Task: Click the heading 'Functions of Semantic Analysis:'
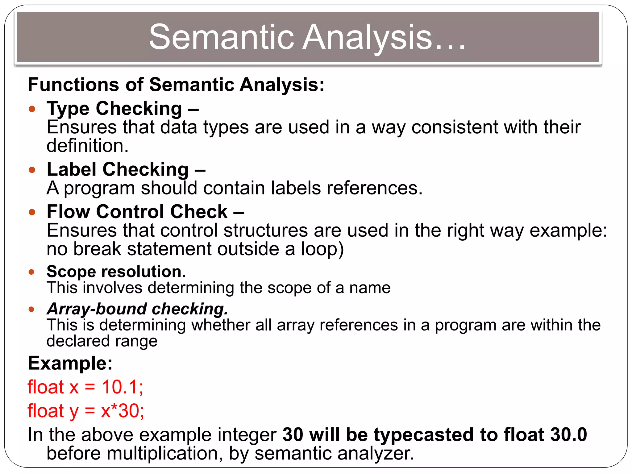pyautogui.click(x=176, y=85)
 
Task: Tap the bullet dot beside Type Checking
pyautogui.click(x=32, y=109)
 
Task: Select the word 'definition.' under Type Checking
pyautogui.click(x=87, y=146)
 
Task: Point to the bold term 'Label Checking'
pyautogui.click(x=118, y=169)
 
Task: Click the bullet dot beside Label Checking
pyautogui.click(x=32, y=170)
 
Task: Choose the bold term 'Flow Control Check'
pyautogui.click(x=137, y=212)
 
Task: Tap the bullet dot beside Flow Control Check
pyautogui.click(x=32, y=212)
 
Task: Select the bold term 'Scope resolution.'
pyautogui.click(x=116, y=272)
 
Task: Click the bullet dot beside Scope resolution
pyautogui.click(x=31, y=272)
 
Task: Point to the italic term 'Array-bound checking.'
pyautogui.click(x=137, y=309)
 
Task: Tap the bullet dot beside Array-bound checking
pyautogui.click(x=31, y=309)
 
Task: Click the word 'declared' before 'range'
pyautogui.click(x=78, y=341)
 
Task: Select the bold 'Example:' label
pyautogui.click(x=70, y=363)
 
